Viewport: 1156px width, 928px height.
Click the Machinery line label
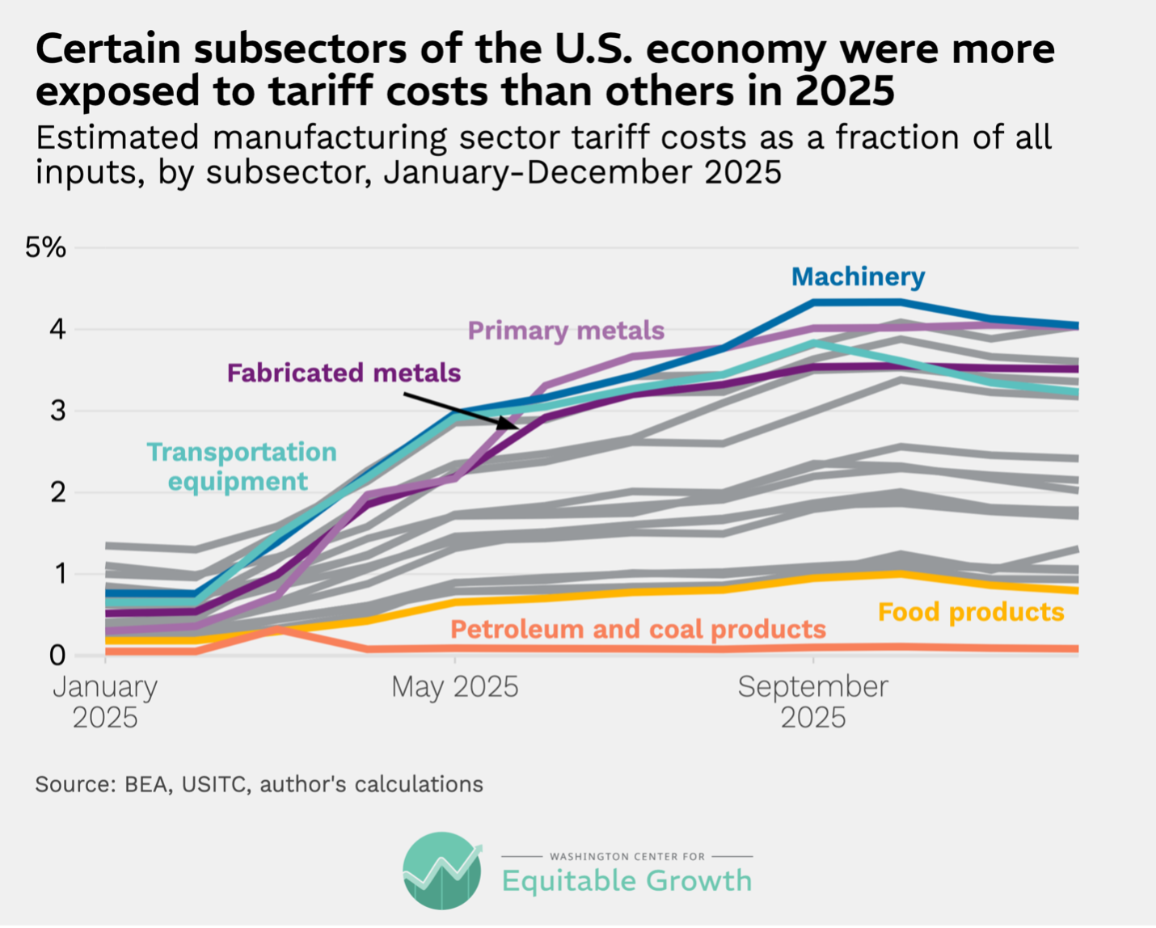858,277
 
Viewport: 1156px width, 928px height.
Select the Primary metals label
566,331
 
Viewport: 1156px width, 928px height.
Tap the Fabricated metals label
344,373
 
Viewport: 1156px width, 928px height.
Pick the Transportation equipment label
241,466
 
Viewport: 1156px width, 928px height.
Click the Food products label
971,612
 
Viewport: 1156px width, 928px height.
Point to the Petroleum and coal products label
638,629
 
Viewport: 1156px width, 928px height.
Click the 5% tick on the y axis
45,247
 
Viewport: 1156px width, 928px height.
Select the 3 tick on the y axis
57,411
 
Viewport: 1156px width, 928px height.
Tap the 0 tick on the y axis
57,656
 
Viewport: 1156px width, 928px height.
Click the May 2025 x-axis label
454,687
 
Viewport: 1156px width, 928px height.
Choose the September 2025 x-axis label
812,702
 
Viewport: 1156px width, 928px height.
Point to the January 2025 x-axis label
105,702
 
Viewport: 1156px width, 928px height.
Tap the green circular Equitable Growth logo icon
442,871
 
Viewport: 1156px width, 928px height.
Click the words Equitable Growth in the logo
627,880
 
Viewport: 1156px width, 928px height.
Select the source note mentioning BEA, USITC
259,784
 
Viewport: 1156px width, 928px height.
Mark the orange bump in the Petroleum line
276,629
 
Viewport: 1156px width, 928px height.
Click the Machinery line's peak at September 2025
813,302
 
